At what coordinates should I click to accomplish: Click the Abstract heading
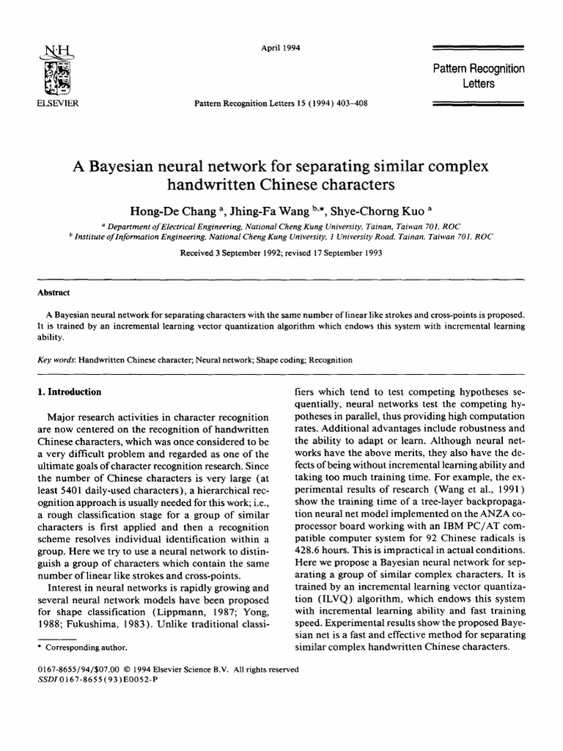[54, 291]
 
